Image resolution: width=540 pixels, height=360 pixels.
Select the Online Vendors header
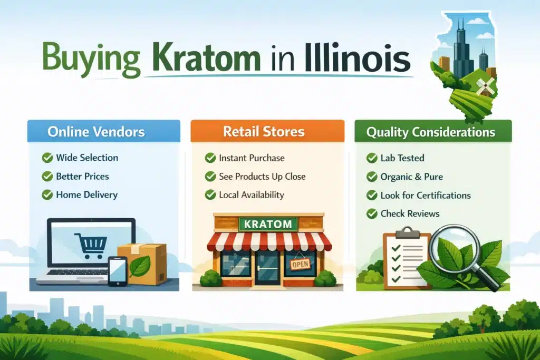coord(103,131)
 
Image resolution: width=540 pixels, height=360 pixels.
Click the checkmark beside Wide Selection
coord(47,158)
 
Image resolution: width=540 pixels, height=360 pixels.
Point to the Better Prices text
coord(82,176)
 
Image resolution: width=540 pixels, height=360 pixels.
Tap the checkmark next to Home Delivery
coord(47,194)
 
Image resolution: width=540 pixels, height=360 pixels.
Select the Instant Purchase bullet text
coord(252,158)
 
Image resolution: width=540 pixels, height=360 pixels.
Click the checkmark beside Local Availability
coord(210,194)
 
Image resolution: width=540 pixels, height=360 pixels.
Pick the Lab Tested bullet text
coord(402,158)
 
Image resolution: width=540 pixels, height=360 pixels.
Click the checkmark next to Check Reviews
coord(371,213)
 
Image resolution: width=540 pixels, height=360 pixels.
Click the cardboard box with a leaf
coord(142,264)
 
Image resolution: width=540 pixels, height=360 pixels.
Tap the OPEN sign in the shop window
coord(299,264)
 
